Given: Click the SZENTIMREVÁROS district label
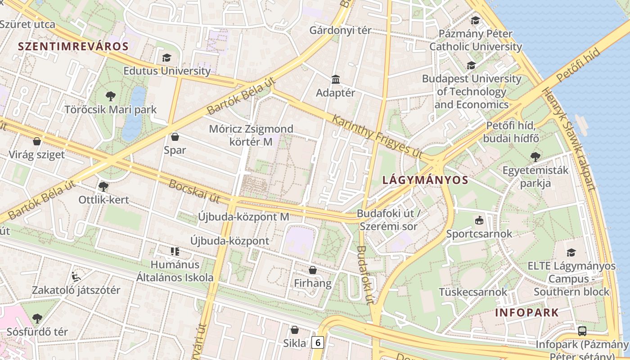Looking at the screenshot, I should coord(73,46).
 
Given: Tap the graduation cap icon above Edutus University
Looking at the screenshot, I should coord(166,58).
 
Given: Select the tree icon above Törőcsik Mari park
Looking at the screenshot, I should coord(110,96).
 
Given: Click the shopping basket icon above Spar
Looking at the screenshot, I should coord(175,137).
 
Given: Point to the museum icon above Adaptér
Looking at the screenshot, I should coord(336,80).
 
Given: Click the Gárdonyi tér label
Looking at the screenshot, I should coord(340,30).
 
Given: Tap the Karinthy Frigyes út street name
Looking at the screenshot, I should coord(377,136).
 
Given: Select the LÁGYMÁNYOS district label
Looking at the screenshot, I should coord(425,180).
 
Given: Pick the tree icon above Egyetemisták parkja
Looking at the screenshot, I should coord(535,157).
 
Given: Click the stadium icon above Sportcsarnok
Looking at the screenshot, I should coord(479,220).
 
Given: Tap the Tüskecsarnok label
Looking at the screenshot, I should coord(473,292).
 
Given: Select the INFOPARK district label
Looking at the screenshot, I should coord(527,312).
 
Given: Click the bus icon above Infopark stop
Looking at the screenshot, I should coord(582,331).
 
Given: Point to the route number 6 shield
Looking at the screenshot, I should coord(318,342).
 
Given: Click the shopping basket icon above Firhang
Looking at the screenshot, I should coord(313,270).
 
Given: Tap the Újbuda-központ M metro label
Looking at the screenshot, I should coord(243,216).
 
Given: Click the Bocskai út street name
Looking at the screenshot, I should coord(194,191).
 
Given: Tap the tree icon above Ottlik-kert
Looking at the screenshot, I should coord(103,186).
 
